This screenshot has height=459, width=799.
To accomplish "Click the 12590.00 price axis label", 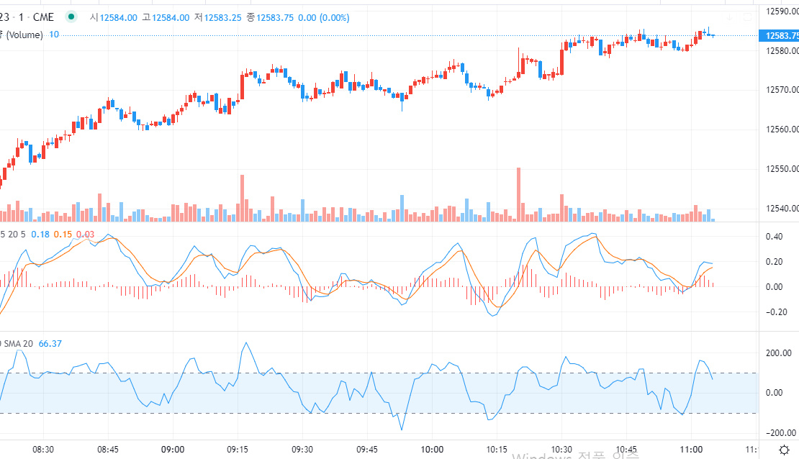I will pos(780,11).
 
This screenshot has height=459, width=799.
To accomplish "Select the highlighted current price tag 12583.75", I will pos(782,35).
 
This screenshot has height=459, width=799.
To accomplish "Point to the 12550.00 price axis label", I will pos(780,169).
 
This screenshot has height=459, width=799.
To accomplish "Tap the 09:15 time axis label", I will pos(238,449).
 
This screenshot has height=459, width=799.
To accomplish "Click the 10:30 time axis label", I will pos(561,449).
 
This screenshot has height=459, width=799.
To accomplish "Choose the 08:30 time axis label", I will pos(43,449).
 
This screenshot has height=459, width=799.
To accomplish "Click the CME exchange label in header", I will pos(44,17).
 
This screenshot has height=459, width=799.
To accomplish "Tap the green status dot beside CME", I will pos(71,17).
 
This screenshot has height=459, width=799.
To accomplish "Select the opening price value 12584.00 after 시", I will pos(118,17).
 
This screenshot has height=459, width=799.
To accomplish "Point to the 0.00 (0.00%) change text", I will pos(325,17).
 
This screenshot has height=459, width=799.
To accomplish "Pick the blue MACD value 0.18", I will pos(41,234).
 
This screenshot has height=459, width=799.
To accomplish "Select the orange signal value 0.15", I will pos(63,234).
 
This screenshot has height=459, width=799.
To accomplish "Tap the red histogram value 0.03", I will pos(86,234).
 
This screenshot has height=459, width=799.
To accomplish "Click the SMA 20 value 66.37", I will pos(50,343).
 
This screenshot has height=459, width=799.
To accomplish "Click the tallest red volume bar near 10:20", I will pos(518,194).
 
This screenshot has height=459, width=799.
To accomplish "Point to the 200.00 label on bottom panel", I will pos(778,353).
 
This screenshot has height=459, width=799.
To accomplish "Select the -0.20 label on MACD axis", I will pos(776,312).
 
